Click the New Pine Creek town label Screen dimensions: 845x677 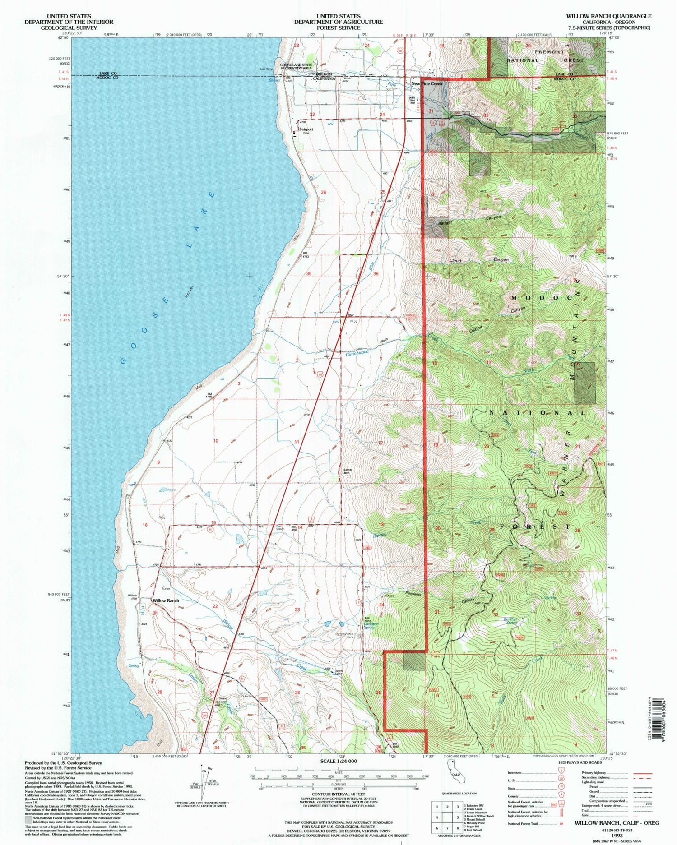(427, 84)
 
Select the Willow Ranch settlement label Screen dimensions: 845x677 (166, 601)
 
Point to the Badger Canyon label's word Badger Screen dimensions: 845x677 (445, 222)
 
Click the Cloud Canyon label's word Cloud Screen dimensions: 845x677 (454, 261)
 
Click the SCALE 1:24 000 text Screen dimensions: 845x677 (338, 761)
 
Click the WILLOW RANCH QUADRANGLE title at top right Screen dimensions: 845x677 (608, 16)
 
